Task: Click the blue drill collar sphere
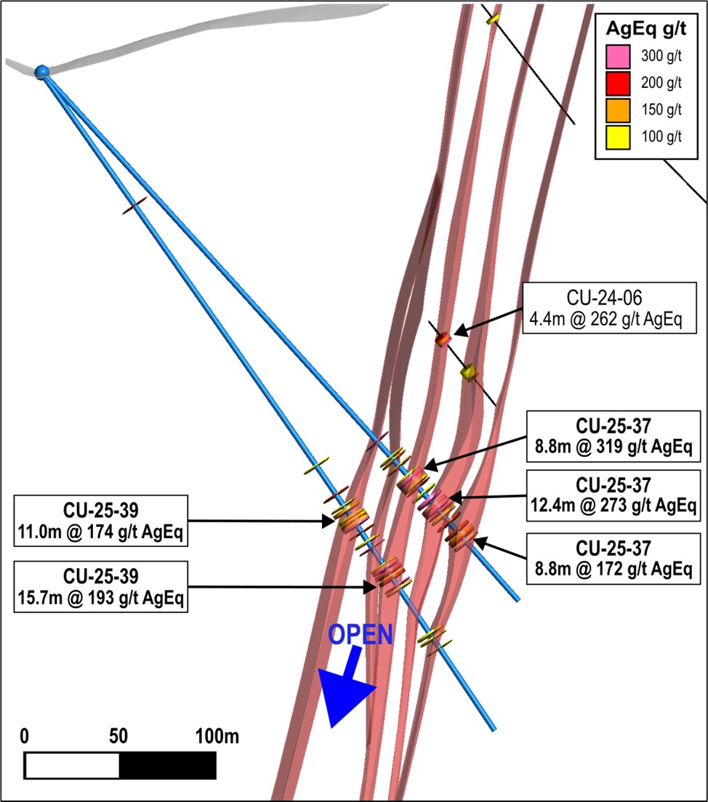(42, 70)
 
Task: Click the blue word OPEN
(361, 634)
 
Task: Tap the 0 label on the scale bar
(25, 737)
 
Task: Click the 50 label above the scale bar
(118, 737)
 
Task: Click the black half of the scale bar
(167, 766)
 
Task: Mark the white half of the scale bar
(72, 766)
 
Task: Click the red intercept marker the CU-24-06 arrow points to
(442, 338)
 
